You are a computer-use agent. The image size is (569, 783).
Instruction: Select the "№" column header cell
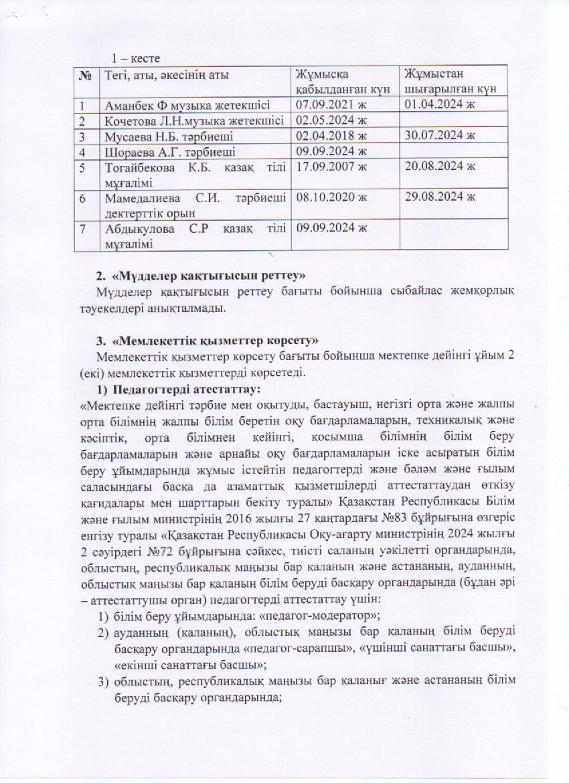pos(85,75)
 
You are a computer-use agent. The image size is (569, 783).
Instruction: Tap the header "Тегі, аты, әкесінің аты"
pos(162,75)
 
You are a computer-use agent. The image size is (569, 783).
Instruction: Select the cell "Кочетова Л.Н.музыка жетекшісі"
pos(193,121)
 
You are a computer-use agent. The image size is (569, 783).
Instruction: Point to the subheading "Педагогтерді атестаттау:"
pos(185,388)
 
